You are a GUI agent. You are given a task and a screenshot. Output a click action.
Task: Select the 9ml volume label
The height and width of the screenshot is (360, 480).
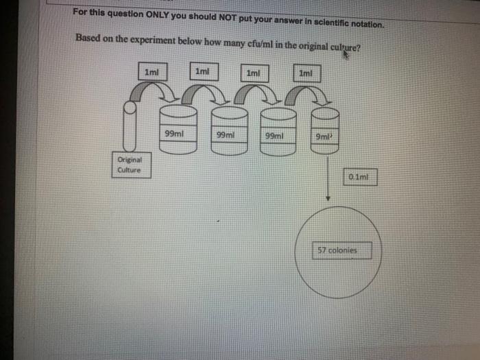[323, 136]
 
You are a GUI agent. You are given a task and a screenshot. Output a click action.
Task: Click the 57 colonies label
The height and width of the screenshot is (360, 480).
[342, 250]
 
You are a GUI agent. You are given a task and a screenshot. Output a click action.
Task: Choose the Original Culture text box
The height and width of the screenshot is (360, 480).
[130, 165]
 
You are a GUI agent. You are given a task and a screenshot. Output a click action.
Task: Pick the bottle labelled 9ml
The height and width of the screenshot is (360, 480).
[326, 126]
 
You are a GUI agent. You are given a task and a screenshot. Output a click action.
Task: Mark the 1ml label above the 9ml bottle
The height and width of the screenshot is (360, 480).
[306, 71]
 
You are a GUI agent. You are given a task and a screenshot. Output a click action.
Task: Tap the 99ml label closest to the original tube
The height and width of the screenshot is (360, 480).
[175, 134]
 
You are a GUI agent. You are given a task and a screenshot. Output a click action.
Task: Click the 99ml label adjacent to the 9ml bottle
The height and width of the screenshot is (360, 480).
[273, 136]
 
